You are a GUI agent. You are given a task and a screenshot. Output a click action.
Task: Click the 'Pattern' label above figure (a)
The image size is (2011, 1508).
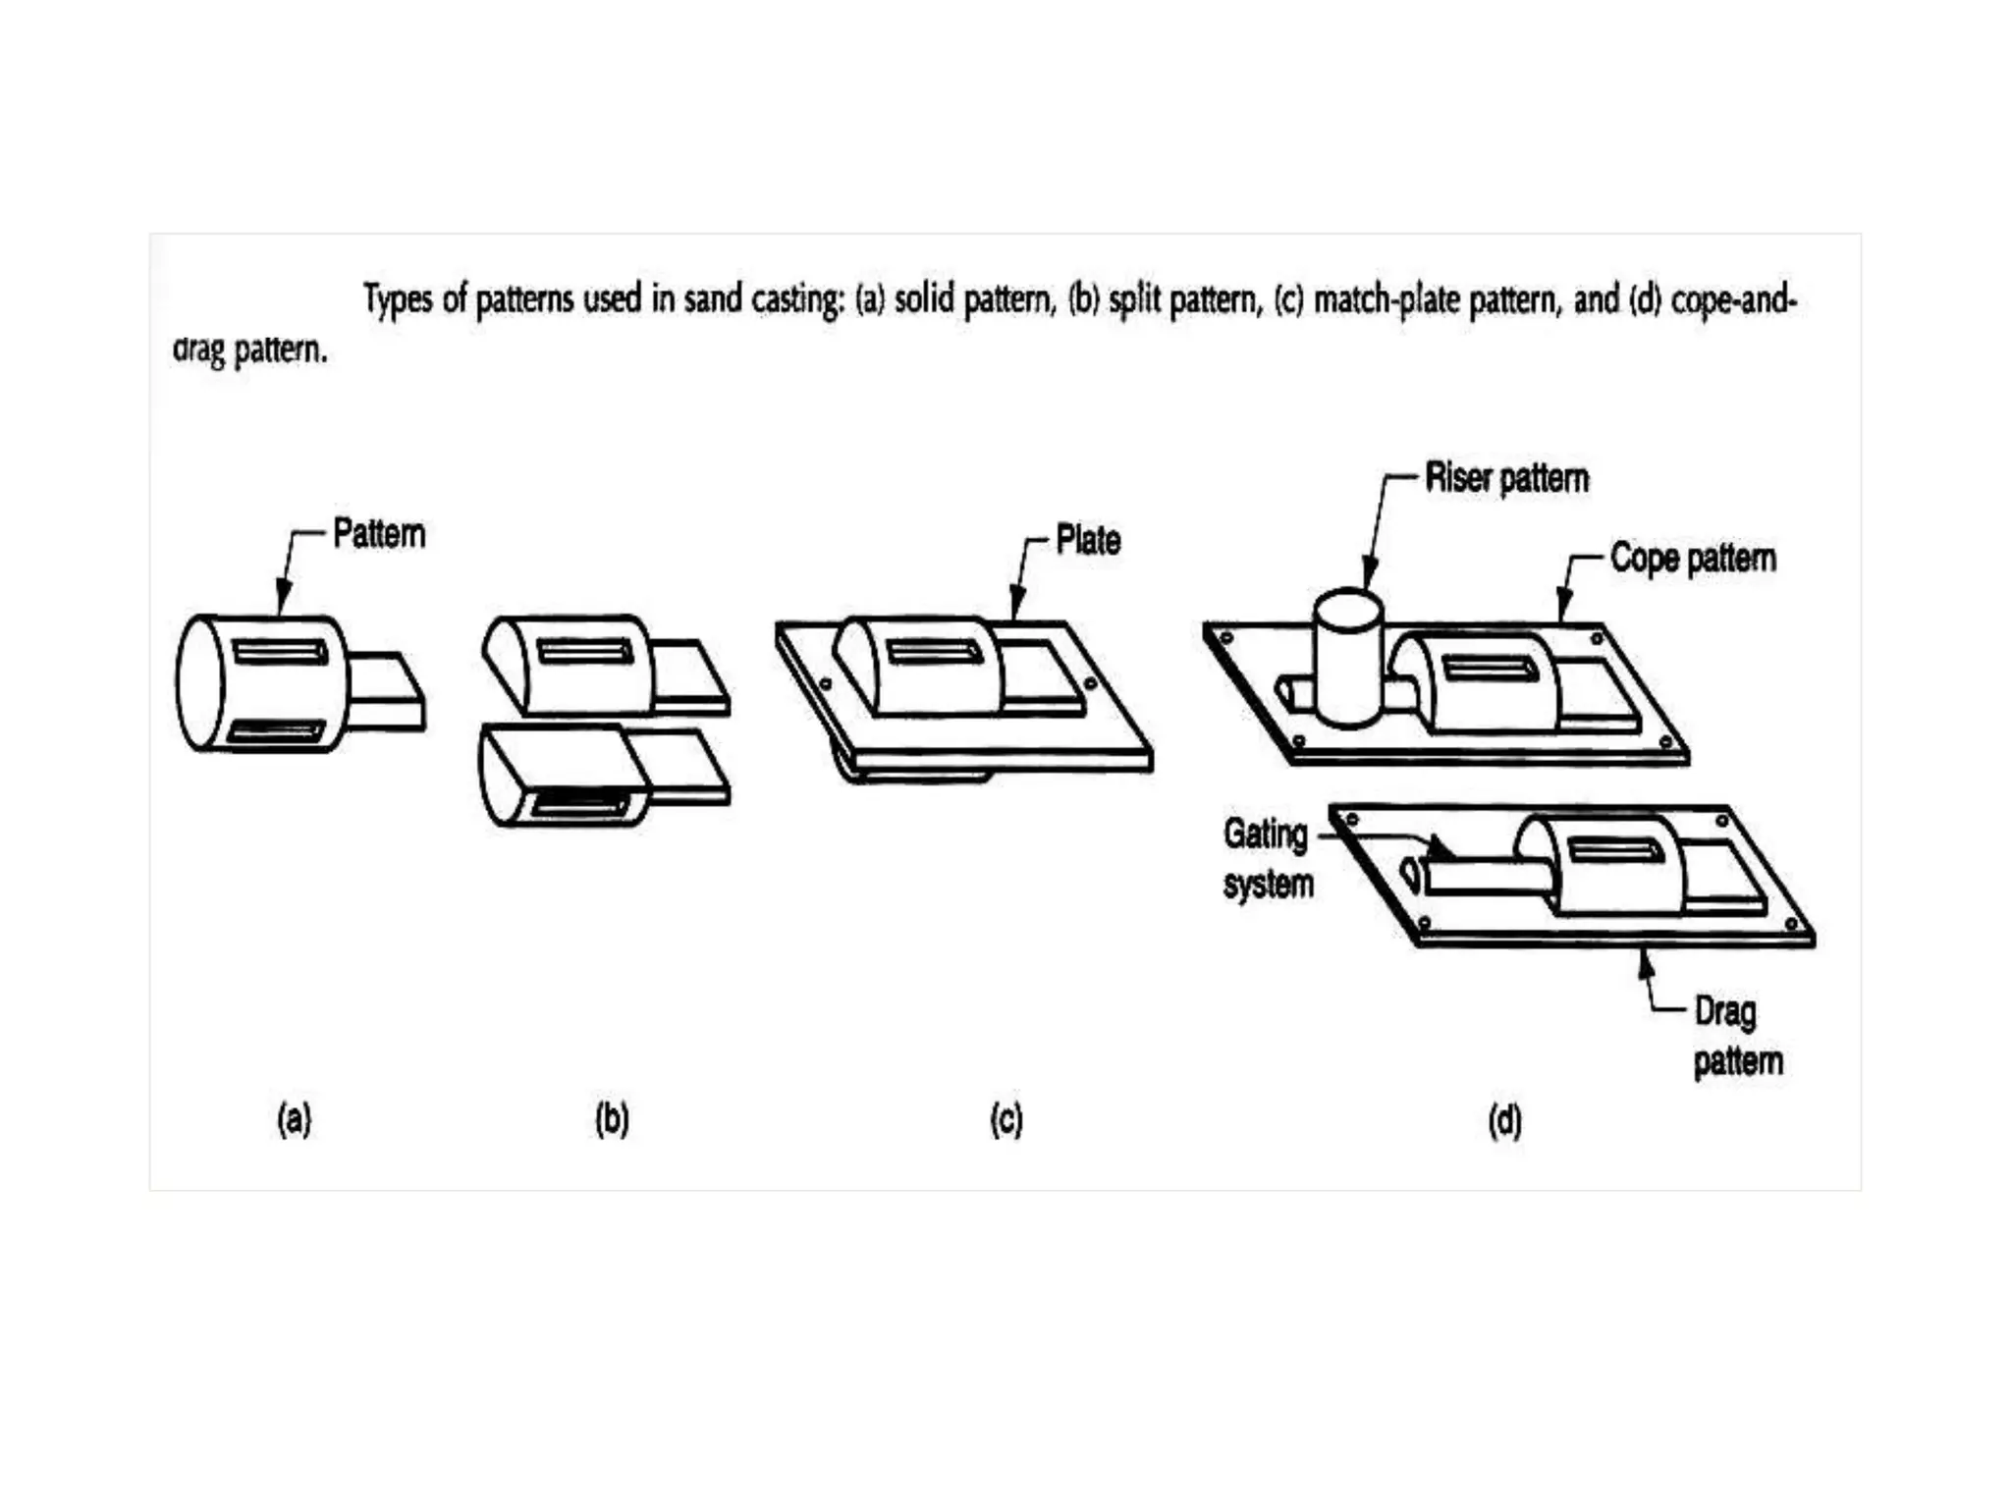pyautogui.click(x=379, y=534)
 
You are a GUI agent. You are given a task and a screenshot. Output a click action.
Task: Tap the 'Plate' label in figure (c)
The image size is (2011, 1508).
pyautogui.click(x=1088, y=540)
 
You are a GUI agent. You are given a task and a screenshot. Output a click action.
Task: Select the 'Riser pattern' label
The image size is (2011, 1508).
pyautogui.click(x=1506, y=478)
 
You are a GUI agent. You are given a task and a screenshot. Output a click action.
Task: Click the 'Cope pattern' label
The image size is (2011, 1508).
pyautogui.click(x=1693, y=558)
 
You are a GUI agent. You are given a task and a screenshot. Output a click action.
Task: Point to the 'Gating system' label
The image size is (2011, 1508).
pyautogui.click(x=1267, y=858)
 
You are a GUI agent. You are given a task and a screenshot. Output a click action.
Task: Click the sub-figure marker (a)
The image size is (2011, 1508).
pyautogui.click(x=295, y=1119)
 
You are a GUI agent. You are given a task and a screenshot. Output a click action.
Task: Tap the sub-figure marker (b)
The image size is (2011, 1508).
pyautogui.click(x=612, y=1119)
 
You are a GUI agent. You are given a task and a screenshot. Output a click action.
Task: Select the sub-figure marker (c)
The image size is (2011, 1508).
pyautogui.click(x=1006, y=1119)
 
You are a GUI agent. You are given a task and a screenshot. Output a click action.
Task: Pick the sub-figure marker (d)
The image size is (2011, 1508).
pyautogui.click(x=1504, y=1120)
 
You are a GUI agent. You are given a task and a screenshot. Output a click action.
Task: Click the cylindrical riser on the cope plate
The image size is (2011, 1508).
pyautogui.click(x=1348, y=658)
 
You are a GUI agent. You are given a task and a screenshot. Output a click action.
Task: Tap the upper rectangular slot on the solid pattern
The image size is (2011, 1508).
pyautogui.click(x=281, y=651)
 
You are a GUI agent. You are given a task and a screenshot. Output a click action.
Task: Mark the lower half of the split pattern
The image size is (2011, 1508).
pyautogui.click(x=570, y=776)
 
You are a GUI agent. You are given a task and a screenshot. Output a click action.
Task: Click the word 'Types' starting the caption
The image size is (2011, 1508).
pyautogui.click(x=398, y=298)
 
